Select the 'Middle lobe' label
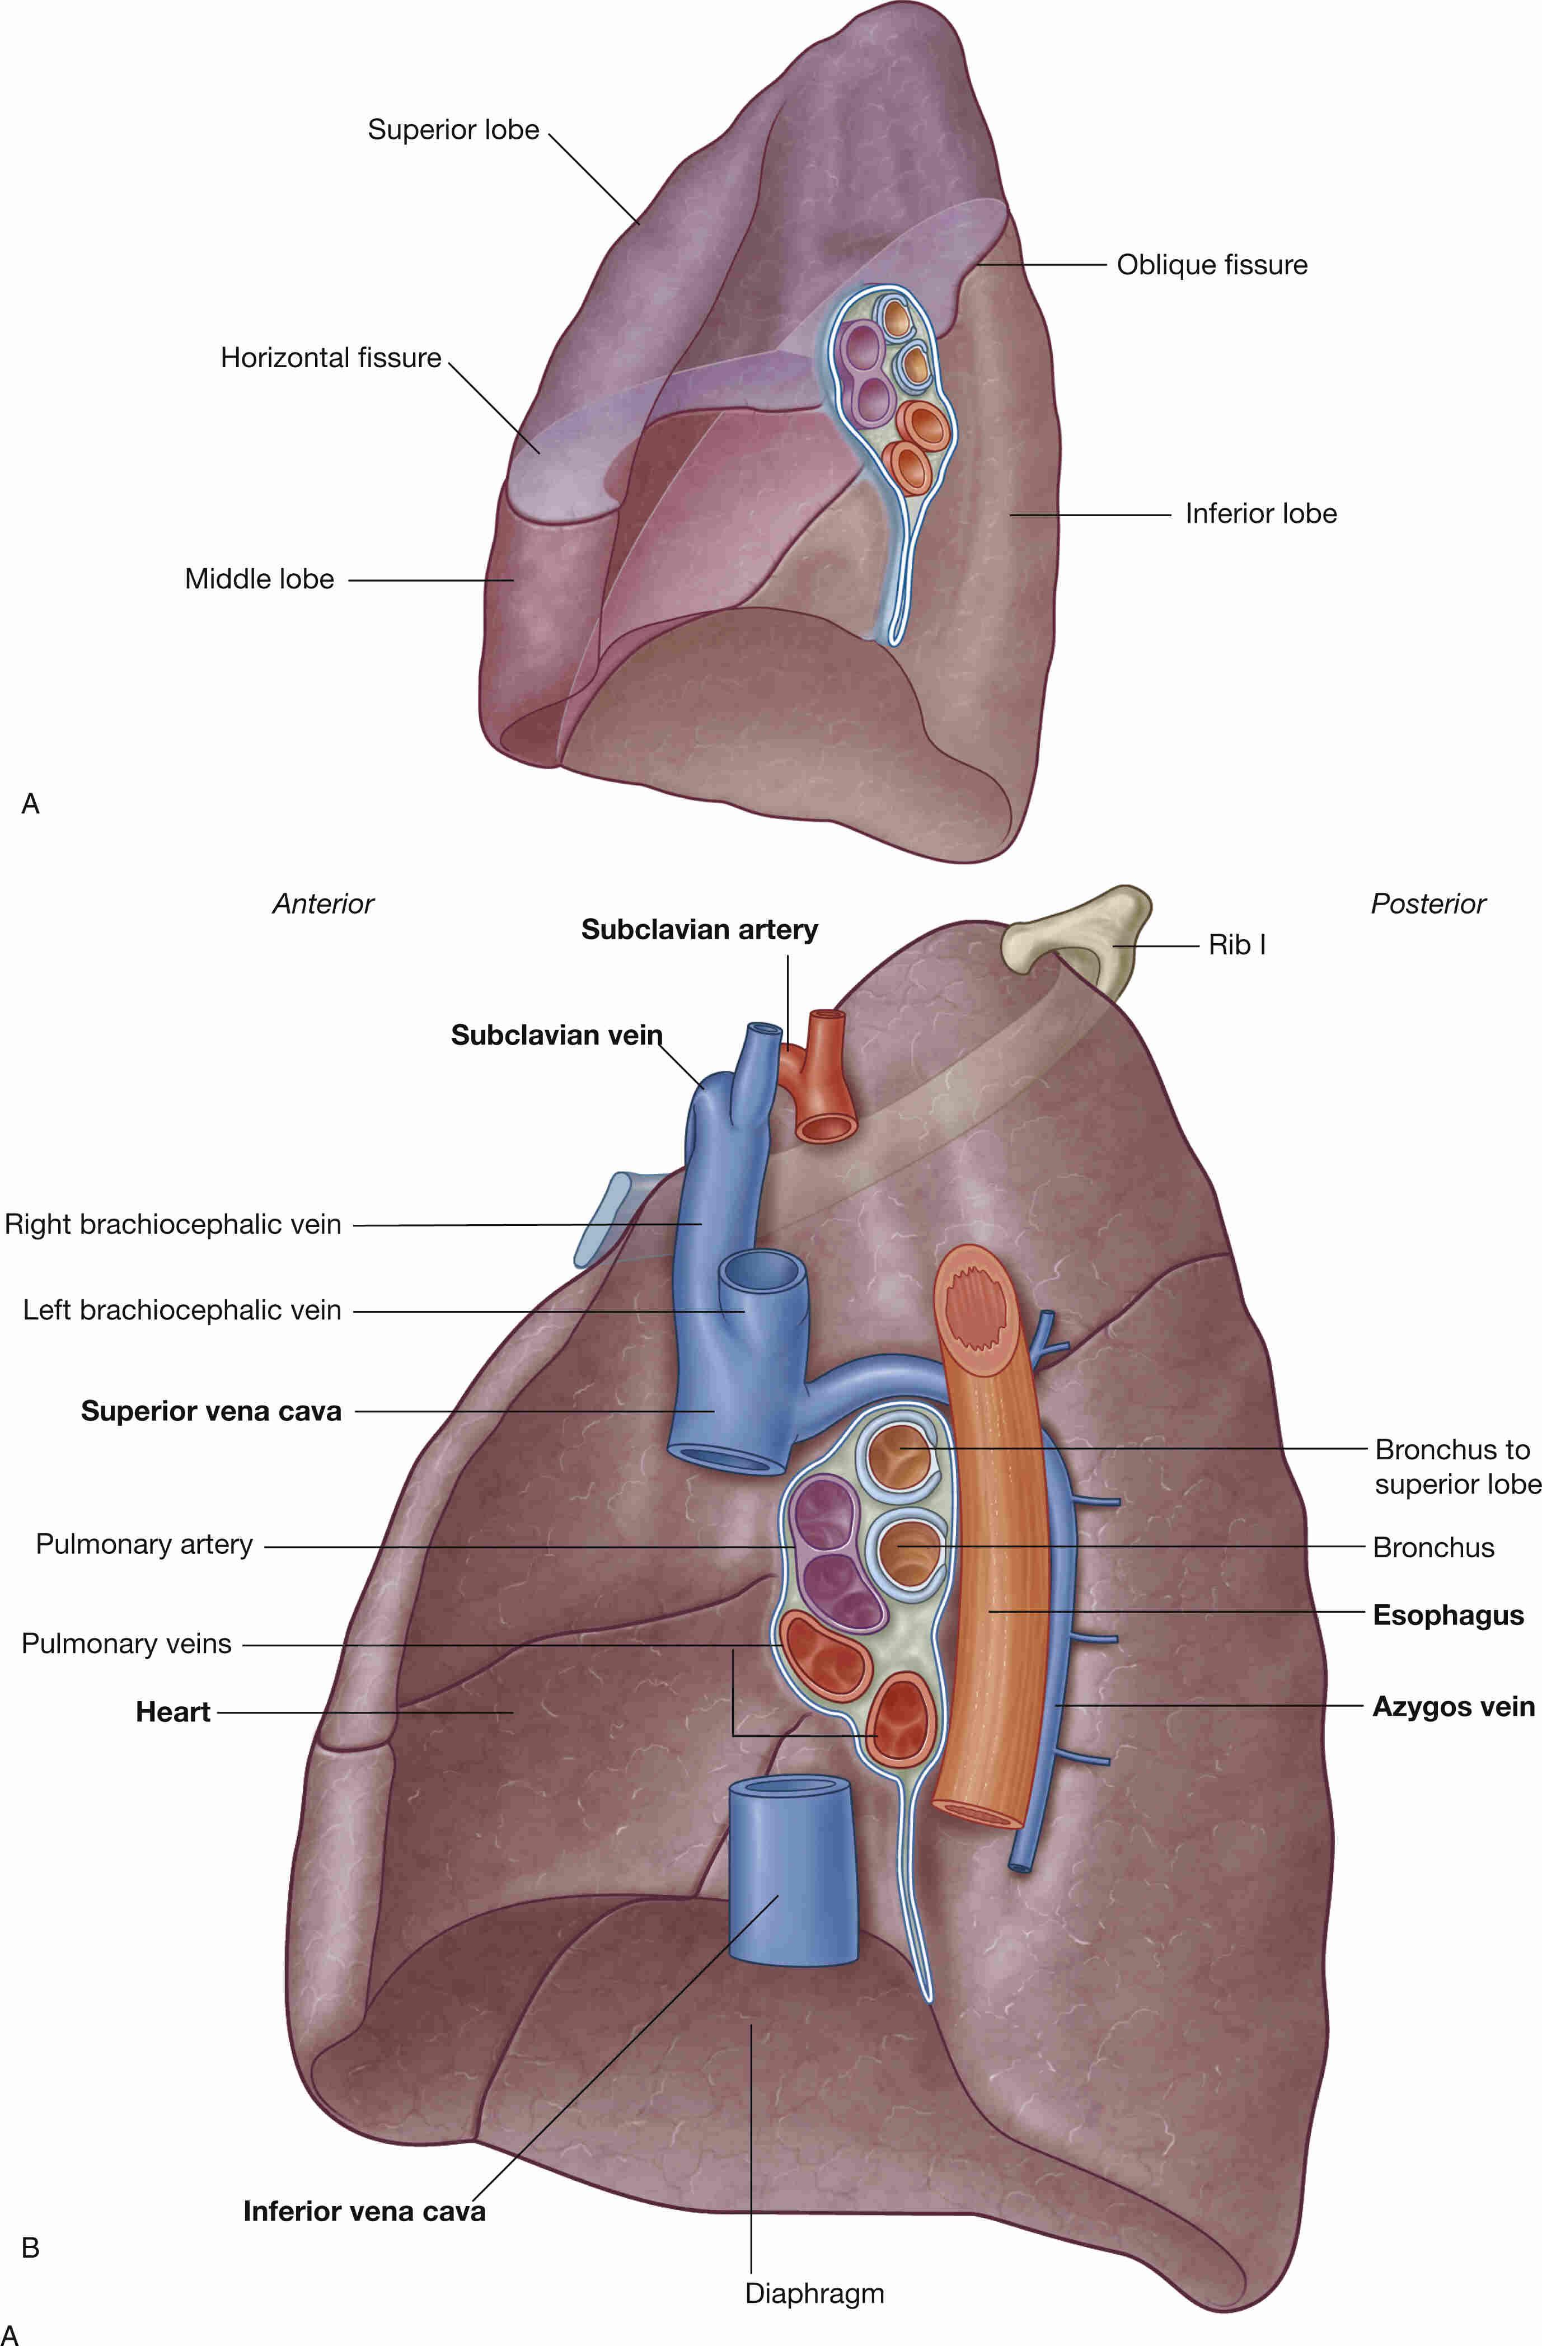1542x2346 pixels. (x=259, y=579)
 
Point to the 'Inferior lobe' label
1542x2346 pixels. (x=1260, y=513)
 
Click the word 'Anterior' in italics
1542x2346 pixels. (x=323, y=904)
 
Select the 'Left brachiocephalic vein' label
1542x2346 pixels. (x=182, y=1310)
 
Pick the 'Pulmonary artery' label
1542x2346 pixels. (x=144, y=1544)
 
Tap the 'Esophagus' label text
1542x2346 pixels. (x=1449, y=1614)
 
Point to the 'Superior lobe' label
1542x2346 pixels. (x=453, y=129)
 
